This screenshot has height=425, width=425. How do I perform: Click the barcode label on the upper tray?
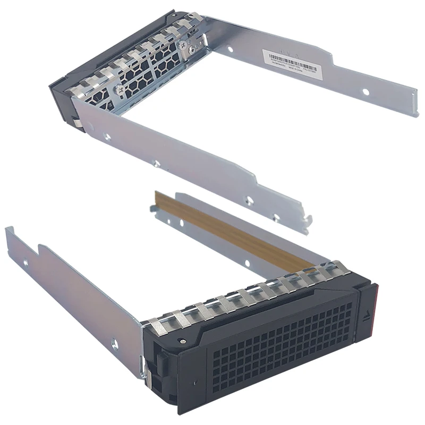click(x=290, y=62)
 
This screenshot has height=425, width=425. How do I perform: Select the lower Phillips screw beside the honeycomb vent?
click(x=122, y=91)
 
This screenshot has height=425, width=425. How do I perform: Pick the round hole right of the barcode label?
click(x=365, y=91)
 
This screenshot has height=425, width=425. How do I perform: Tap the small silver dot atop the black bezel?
click(x=182, y=339)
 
